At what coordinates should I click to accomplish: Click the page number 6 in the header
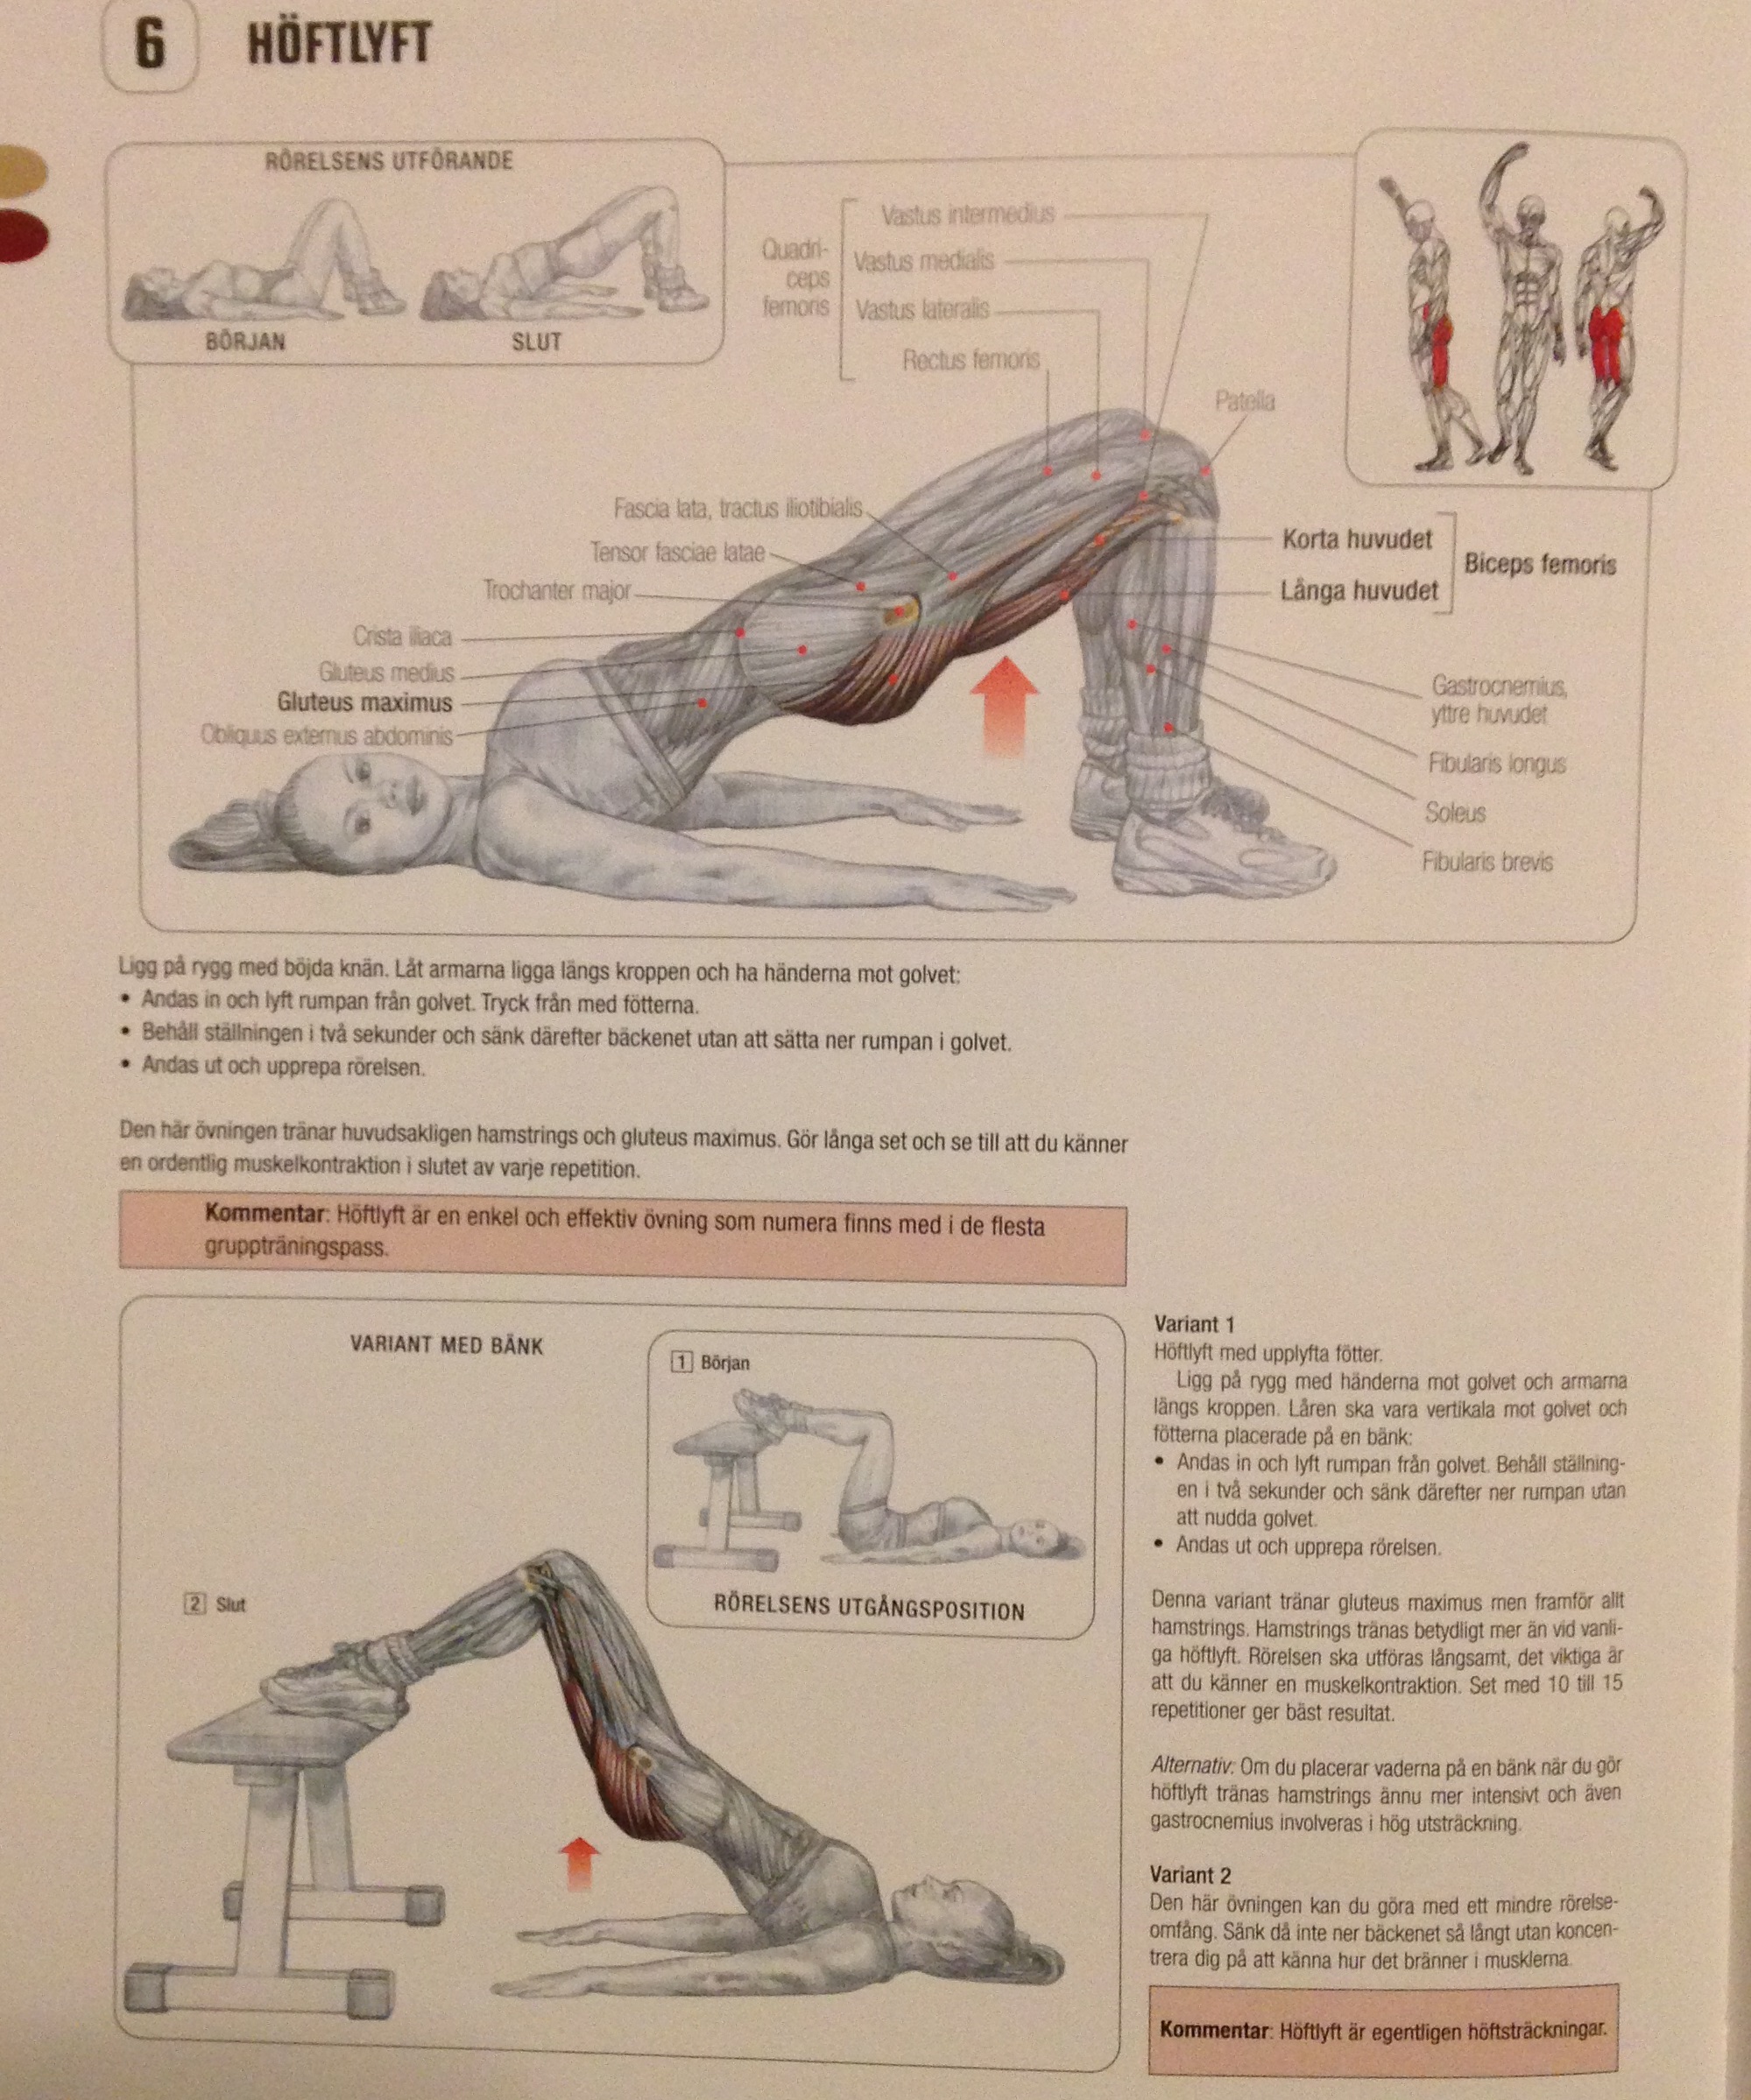(x=149, y=47)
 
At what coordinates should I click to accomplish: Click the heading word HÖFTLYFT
(x=339, y=46)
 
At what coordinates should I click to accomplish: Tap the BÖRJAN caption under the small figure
(x=245, y=342)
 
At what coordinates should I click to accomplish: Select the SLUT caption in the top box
(x=537, y=342)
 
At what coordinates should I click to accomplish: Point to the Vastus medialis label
(x=924, y=261)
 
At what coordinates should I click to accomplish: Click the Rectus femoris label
(x=971, y=359)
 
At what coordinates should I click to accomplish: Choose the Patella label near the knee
(x=1245, y=401)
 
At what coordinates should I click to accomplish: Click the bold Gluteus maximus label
(x=365, y=703)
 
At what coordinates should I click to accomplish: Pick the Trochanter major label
(x=557, y=591)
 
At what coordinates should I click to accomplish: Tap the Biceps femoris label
(x=1540, y=564)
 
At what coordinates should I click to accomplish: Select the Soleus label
(x=1455, y=812)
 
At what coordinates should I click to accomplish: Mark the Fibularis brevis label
(x=1487, y=861)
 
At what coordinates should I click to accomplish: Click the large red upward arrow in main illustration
(x=1004, y=705)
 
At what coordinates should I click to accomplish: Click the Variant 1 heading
(x=1194, y=1324)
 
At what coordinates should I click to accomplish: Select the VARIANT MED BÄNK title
(x=446, y=1345)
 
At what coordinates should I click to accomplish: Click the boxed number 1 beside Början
(x=682, y=1362)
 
